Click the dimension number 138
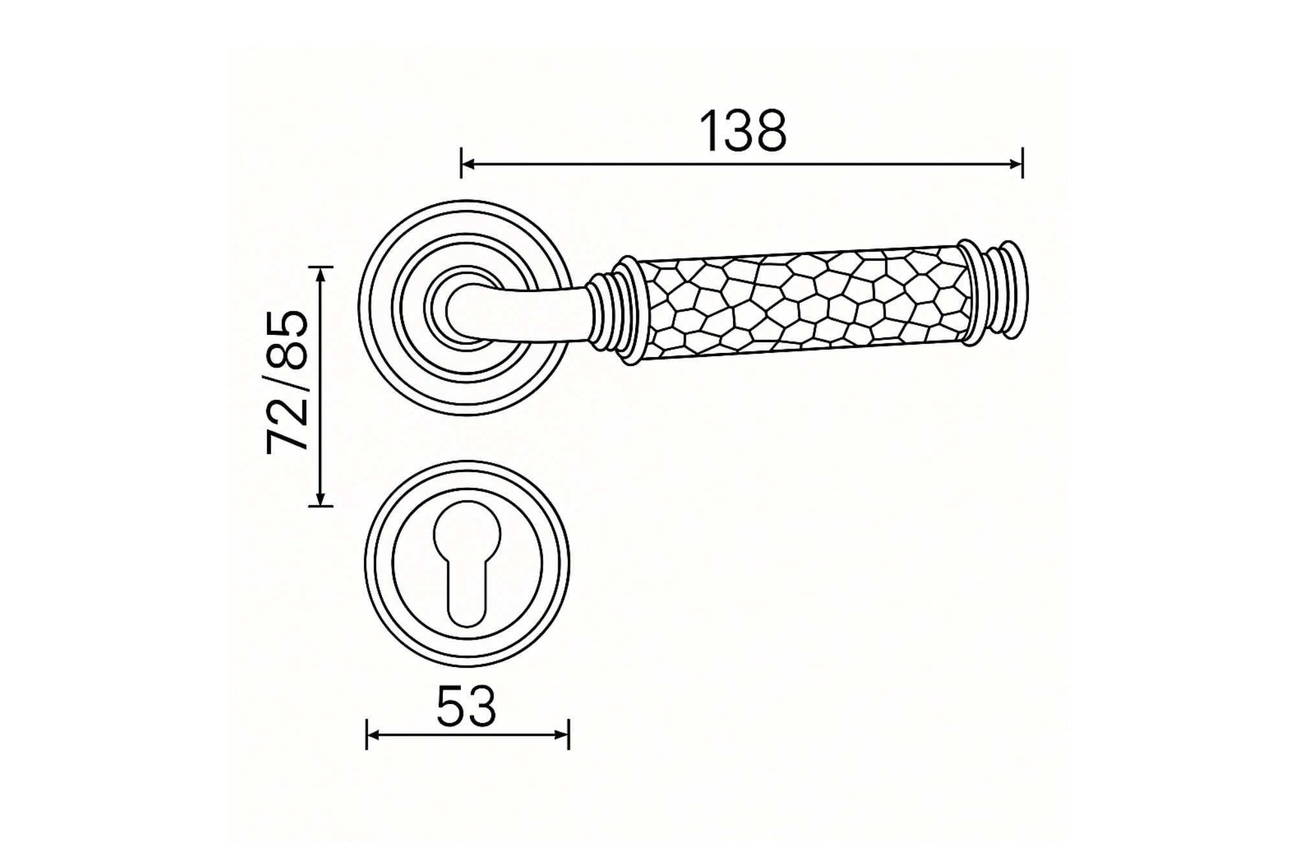coord(744,131)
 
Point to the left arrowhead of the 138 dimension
coord(467,164)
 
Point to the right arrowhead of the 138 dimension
coord(1015,164)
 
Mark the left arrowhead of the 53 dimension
coord(373,734)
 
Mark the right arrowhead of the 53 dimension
coord(562,734)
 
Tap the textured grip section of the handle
coord(803,301)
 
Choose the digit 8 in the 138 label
coord(768,131)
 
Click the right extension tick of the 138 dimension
coord(1022,163)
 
